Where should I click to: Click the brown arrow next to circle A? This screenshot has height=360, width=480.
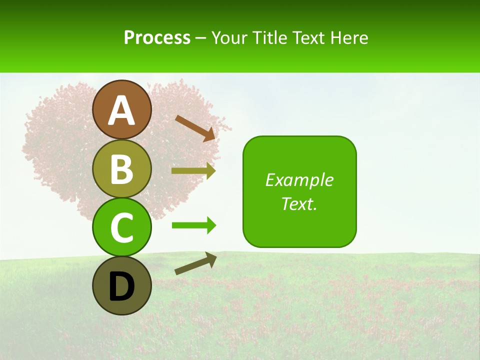pyautogui.click(x=195, y=127)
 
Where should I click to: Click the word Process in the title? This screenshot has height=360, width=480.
pyautogui.click(x=157, y=38)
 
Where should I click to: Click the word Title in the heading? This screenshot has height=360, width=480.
pyautogui.click(x=268, y=38)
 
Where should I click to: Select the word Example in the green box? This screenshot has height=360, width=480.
pyautogui.click(x=299, y=180)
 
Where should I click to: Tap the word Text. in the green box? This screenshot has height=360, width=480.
pyautogui.click(x=299, y=203)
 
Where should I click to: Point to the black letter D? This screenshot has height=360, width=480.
pyautogui.click(x=121, y=287)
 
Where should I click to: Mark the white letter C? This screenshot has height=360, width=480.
pyautogui.click(x=121, y=227)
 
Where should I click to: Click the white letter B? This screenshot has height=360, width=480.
pyautogui.click(x=121, y=169)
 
